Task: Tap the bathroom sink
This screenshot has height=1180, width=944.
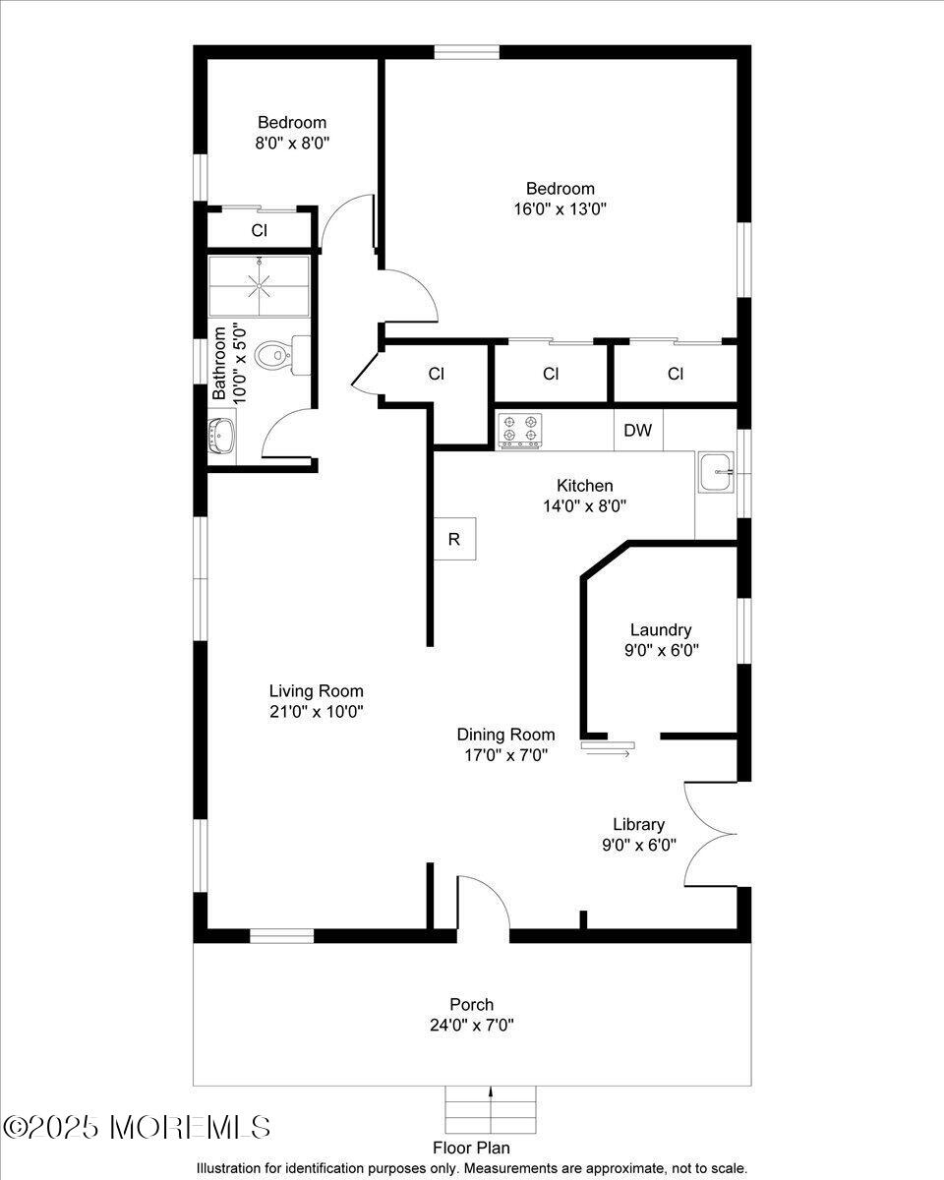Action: click(221, 436)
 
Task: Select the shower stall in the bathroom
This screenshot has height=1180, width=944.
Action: click(260, 286)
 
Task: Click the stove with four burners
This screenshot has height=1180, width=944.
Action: click(519, 430)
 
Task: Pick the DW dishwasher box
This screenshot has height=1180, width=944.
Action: click(638, 431)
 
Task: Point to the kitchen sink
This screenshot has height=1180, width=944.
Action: click(717, 473)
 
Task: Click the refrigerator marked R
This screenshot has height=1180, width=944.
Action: click(454, 539)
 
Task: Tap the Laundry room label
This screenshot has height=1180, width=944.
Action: click(661, 630)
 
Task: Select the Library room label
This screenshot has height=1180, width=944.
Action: click(638, 825)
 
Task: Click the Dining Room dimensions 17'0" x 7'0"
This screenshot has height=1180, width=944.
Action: click(505, 754)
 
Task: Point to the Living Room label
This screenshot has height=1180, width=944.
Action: click(317, 691)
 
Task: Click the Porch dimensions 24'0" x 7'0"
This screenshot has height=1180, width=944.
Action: click(472, 1025)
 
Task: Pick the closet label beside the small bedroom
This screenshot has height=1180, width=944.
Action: click(260, 231)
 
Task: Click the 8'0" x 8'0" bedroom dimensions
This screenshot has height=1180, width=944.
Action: click(292, 143)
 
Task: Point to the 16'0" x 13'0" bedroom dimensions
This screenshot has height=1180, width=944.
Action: click(560, 208)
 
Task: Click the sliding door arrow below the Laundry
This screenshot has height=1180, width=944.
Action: click(610, 752)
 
